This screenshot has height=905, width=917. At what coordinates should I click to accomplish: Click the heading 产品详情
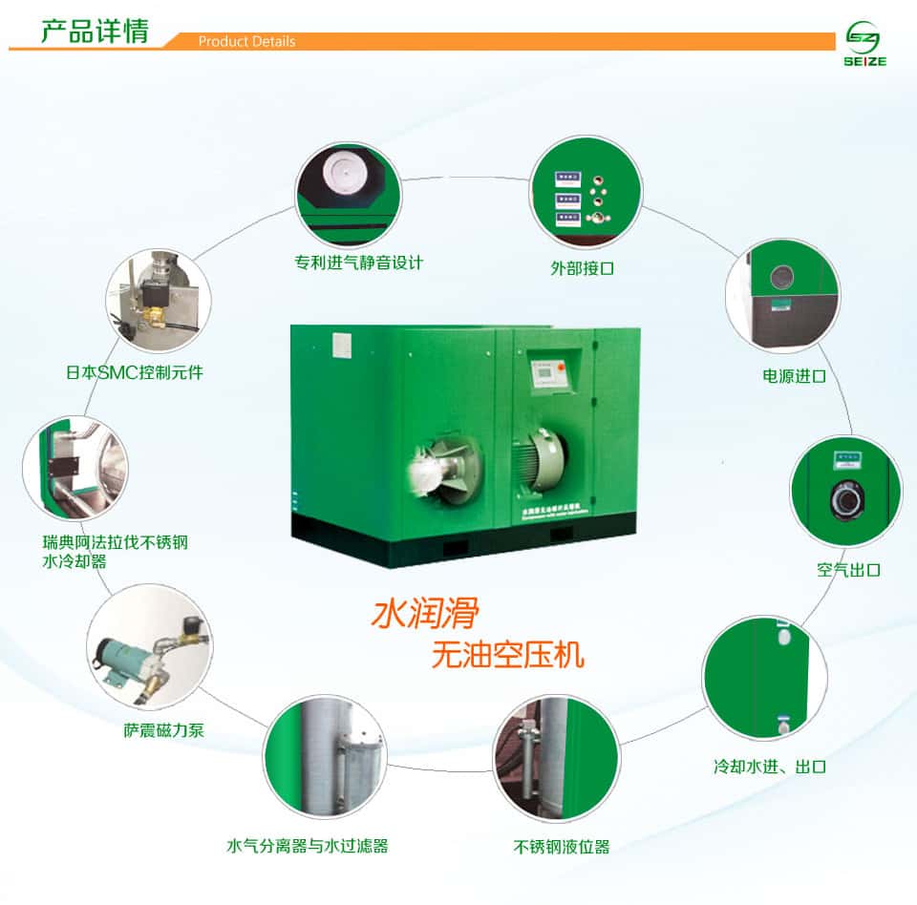[94, 31]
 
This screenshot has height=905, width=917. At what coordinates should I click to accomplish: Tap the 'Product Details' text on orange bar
[246, 42]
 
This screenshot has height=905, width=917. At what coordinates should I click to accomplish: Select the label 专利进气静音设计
[358, 262]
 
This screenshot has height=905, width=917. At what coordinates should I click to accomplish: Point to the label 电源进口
[794, 376]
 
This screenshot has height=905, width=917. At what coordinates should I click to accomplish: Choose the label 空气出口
[848, 570]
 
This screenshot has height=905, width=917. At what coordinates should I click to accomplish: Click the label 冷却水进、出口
[769, 767]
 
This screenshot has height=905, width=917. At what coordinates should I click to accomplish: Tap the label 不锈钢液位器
[561, 847]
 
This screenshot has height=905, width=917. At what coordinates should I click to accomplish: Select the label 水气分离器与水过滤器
[307, 846]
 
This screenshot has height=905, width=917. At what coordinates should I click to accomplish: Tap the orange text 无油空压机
[507, 656]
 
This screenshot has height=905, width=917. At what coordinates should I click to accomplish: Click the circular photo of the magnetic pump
[149, 648]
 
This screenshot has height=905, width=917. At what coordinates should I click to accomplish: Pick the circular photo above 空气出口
[846, 491]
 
